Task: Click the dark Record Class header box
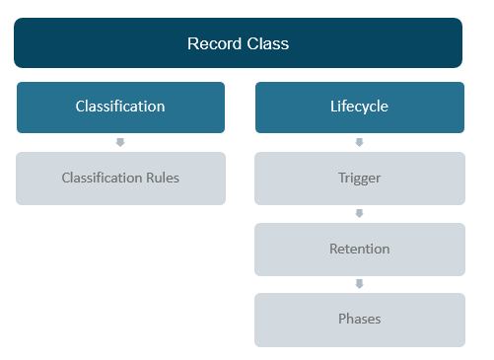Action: pos(238,43)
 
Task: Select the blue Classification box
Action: pos(120,107)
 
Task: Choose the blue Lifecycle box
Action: pos(359,107)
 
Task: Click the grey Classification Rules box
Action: pos(120,179)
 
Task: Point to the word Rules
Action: pos(162,179)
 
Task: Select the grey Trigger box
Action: pos(359,179)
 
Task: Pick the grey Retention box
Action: pos(359,250)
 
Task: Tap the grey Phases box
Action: pos(359,320)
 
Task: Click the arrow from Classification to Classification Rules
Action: pos(120,143)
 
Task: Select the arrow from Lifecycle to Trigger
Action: pos(359,143)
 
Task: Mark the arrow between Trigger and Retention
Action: pos(359,214)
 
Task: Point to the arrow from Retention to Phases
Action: pos(359,284)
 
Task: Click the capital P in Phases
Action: pos(341,320)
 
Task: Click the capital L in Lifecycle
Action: pos(333,107)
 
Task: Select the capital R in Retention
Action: pos(333,250)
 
